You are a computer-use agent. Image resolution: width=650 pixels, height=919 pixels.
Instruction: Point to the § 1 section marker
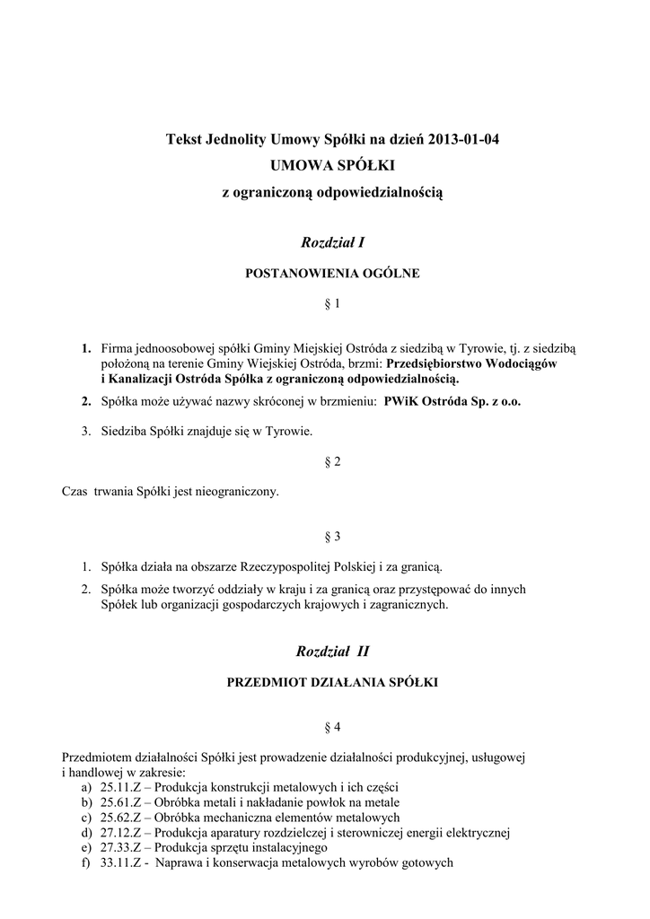click(332, 305)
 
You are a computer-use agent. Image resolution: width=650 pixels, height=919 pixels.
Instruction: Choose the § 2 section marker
click(332, 461)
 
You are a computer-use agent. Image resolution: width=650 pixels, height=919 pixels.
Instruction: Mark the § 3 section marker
click(332, 537)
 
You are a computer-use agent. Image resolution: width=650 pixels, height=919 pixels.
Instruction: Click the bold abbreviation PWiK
click(401, 402)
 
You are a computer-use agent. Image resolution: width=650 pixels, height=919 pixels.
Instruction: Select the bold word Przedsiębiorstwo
click(435, 364)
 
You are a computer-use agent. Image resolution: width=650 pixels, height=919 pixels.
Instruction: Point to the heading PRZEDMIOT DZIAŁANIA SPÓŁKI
click(332, 683)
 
